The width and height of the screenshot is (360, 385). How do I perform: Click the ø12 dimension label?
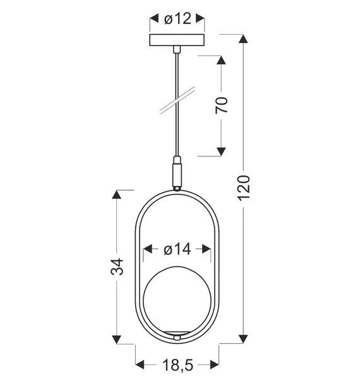point(177,20)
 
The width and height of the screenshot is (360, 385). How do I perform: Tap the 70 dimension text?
point(221,105)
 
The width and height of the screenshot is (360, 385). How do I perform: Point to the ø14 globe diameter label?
point(177,250)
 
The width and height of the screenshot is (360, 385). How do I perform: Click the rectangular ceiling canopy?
point(177,40)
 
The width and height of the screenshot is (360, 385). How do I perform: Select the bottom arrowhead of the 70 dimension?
point(221,150)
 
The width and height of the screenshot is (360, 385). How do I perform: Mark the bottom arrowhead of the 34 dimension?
point(116,339)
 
